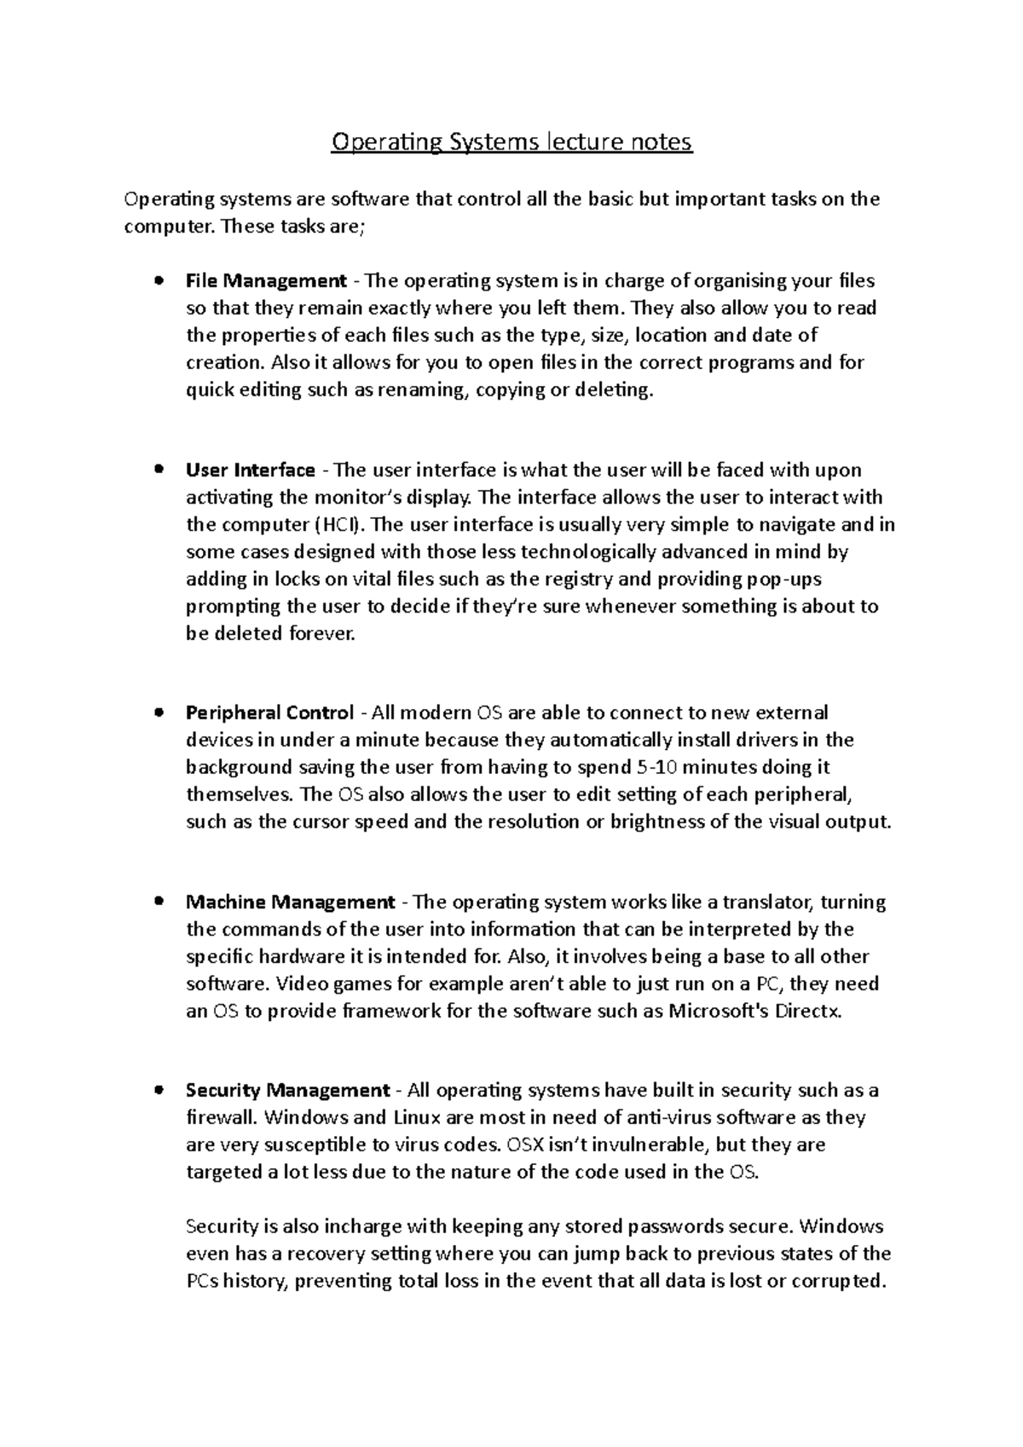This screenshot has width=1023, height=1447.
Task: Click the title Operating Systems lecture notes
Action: tap(511, 141)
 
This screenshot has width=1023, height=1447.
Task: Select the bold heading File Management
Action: tap(266, 280)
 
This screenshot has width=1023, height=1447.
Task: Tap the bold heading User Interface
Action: tap(251, 470)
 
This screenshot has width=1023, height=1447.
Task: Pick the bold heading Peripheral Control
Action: tap(269, 712)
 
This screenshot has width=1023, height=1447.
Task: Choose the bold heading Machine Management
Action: tap(291, 902)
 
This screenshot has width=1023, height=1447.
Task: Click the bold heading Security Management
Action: tap(288, 1090)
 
